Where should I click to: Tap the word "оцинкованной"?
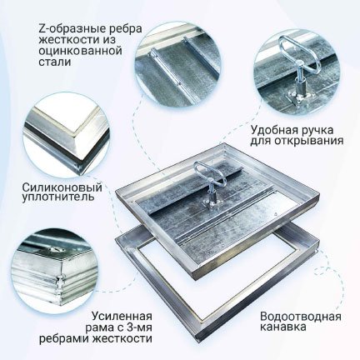[x=81, y=51]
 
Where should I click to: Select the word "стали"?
[x=55, y=62]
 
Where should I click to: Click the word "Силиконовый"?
[x=62, y=187]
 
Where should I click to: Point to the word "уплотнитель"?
[x=58, y=197]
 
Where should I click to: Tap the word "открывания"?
[x=309, y=141]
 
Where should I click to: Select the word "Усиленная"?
[x=122, y=317]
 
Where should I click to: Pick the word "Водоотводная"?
[x=301, y=317]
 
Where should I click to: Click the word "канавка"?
[x=283, y=327]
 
